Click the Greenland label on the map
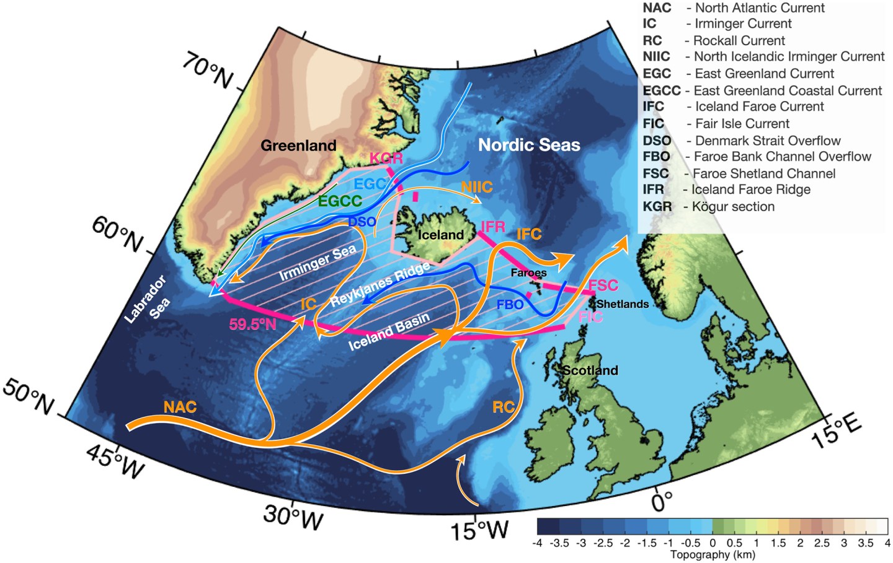(298, 146)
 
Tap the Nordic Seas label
(529, 145)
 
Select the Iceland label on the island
(440, 235)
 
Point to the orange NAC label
(180, 407)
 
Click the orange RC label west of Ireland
(504, 407)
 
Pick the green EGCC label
(340, 201)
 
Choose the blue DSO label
(362, 221)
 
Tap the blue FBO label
(510, 305)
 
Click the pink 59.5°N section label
(252, 324)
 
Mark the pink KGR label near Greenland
(386, 159)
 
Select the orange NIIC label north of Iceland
(477, 186)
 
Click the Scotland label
(590, 370)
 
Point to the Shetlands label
(623, 304)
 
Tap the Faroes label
(528, 273)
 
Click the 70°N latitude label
(208, 70)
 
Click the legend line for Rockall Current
(714, 40)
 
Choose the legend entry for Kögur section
(709, 206)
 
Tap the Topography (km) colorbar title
(713, 554)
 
